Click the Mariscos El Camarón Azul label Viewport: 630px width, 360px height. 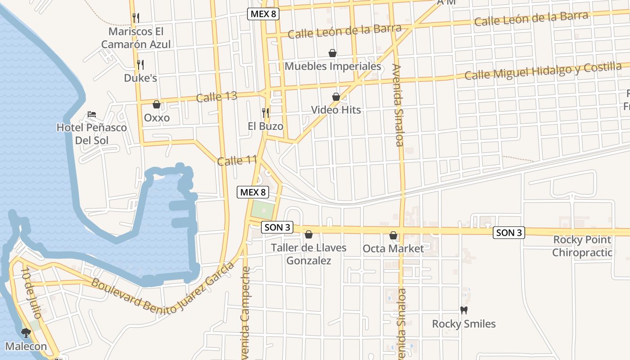[136, 38]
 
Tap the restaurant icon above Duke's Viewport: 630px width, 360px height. [140, 65]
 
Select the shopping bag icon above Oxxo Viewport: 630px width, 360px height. [157, 105]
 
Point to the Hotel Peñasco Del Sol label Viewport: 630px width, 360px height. [92, 134]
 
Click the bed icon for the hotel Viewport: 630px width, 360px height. [92, 114]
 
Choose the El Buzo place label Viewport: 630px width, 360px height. [265, 126]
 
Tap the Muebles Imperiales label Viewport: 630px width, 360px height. [333, 67]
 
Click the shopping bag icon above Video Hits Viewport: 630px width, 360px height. [336, 97]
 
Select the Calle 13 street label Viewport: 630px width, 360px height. [216, 97]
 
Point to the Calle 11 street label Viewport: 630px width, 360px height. [237, 161]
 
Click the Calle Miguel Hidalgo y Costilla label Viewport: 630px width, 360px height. [543, 71]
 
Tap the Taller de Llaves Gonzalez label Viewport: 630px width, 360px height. [309, 254]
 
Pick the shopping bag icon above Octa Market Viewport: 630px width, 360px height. [393, 235]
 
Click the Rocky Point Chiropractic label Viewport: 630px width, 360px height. [582, 246]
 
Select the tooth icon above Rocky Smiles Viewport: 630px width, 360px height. [464, 310]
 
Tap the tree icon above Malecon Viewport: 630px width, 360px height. [26, 333]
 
